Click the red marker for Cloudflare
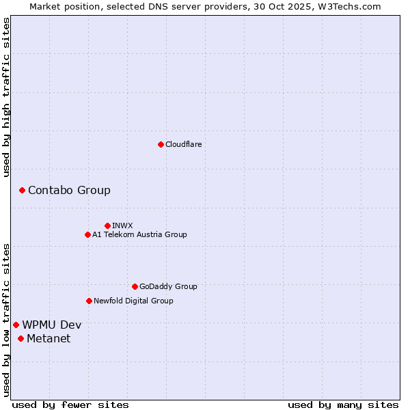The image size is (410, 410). point(161,144)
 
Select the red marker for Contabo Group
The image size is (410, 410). point(22,190)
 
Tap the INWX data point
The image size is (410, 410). point(107,225)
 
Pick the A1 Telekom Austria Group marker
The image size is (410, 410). point(87,234)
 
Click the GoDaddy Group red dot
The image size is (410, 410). point(135,286)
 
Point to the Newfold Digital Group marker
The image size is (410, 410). point(89,301)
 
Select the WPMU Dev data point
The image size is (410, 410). point(16,325)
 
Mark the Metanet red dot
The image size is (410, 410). point(20,338)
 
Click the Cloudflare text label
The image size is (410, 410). point(183,144)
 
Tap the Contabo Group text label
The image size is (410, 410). point(69,190)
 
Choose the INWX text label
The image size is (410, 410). point(122,225)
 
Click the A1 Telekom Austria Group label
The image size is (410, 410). point(139,234)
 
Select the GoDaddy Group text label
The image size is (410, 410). point(168,286)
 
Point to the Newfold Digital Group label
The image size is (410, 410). point(133,301)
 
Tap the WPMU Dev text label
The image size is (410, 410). point(51,325)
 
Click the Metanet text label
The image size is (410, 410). point(49,338)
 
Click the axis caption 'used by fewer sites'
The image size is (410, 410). point(70,405)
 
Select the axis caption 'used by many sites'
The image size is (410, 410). point(343,405)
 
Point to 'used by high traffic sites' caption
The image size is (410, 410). point(6,97)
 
